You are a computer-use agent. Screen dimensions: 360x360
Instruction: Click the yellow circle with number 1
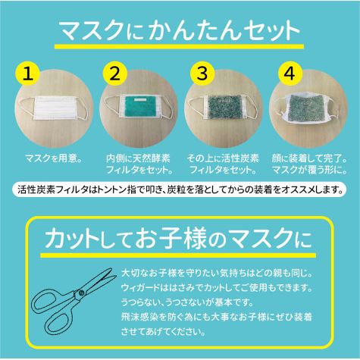(x=28, y=74)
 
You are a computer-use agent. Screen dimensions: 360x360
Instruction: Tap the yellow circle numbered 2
(x=115, y=74)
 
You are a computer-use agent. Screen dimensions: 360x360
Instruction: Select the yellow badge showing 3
(x=202, y=74)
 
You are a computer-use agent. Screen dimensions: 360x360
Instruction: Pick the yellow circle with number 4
(x=290, y=74)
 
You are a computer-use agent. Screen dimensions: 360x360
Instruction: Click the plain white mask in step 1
(x=55, y=108)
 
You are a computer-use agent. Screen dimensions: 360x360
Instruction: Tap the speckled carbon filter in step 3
(x=224, y=108)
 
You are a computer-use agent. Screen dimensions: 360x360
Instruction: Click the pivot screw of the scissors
(x=81, y=293)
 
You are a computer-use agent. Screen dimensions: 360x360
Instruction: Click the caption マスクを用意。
(x=54, y=158)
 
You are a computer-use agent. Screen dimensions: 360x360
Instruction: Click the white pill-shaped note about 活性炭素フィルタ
(x=180, y=189)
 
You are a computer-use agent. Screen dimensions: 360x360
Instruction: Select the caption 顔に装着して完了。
(x=309, y=158)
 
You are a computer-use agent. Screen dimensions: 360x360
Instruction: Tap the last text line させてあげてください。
(x=163, y=331)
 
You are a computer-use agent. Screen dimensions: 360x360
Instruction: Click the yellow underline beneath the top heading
(x=179, y=46)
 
